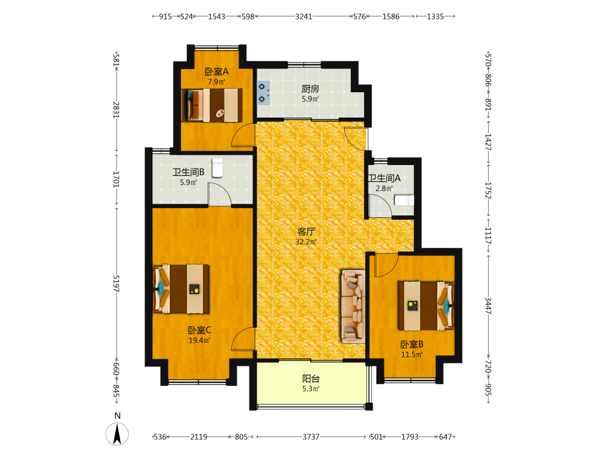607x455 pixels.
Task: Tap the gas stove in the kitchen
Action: coord(263,93)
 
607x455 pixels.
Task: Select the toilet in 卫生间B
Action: coord(217,167)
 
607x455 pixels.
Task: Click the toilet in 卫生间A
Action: coord(404,200)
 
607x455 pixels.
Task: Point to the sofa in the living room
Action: coord(353,306)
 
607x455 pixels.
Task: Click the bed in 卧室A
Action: coord(212,105)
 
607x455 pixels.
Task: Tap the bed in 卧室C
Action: coord(181,289)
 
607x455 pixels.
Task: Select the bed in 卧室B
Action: coord(426,306)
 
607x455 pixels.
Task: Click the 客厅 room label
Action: coord(306,232)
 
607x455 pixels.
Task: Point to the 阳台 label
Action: coord(311,379)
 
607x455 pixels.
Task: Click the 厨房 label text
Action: coord(310,89)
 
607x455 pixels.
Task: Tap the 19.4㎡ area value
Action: coord(199,340)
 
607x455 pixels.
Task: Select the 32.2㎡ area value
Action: coord(306,242)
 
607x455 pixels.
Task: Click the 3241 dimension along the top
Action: coord(303,16)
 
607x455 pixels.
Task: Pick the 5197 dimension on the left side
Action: coord(116,283)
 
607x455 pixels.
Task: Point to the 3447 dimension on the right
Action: coord(488,306)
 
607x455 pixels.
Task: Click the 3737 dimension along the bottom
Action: coord(311,437)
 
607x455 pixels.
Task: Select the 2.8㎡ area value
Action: coord(384,189)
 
